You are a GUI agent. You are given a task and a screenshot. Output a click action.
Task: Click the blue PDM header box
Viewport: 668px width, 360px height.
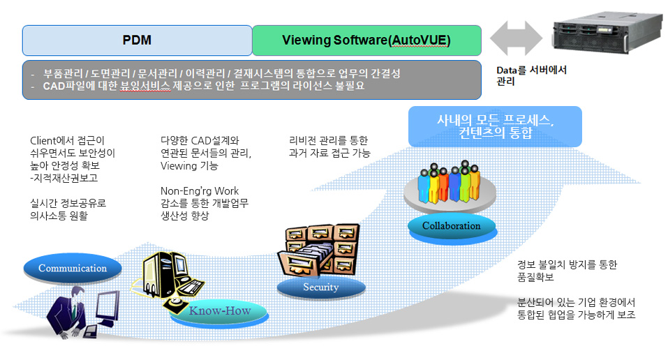137,40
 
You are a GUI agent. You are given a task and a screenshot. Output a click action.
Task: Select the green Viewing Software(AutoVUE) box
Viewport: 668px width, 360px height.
366,40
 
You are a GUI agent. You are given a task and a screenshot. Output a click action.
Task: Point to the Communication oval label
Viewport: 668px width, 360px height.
73,268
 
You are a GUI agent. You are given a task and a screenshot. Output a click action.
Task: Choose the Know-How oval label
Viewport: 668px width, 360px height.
220,310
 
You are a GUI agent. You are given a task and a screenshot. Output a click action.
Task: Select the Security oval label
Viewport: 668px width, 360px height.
320,287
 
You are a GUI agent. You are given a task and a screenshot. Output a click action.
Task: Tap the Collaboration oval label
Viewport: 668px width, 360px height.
451,225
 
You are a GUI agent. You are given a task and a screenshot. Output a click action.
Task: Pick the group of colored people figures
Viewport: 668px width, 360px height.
449,186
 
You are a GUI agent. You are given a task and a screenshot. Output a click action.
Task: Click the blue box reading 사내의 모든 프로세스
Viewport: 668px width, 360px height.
495,126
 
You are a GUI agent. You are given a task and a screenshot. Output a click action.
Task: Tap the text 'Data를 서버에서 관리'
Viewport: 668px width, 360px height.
531,75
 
